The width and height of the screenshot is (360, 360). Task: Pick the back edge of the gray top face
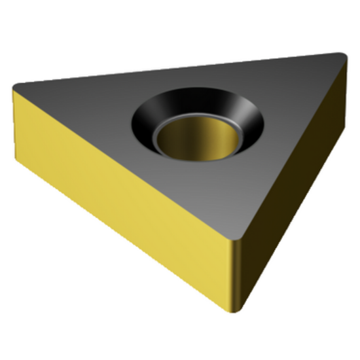(177, 70)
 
